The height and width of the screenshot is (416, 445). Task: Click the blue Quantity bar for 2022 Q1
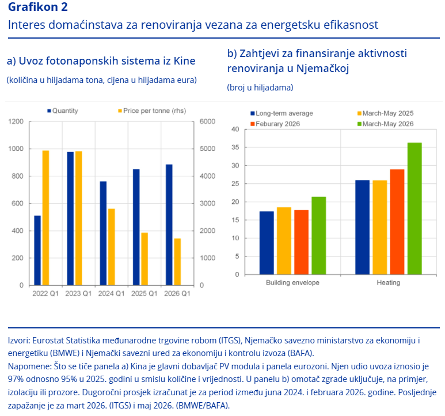coord(37,251)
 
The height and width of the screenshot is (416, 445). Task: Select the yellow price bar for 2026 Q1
coord(177,262)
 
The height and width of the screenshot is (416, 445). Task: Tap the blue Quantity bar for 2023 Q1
coord(70,218)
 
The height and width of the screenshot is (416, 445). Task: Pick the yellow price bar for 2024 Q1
coord(112,247)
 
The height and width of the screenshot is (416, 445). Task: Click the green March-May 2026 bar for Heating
coord(414,209)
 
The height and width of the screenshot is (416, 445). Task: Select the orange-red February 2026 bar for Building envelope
coord(302,242)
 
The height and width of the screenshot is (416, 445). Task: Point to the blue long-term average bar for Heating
coord(363,228)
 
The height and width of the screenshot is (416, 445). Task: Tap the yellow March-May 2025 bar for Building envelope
coord(284,241)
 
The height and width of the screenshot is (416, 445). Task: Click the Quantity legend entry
coord(63,111)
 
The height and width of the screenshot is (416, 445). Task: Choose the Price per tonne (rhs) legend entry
coord(152,111)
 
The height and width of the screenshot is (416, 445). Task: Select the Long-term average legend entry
coord(282,114)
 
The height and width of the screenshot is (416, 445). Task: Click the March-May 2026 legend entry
coord(385,124)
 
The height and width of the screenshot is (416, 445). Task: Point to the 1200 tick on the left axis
coord(16,122)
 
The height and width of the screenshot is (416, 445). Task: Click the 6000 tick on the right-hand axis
coord(207,122)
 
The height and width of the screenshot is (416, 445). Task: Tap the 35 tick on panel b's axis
coord(235,148)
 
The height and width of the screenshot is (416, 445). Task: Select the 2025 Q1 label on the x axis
coord(144,293)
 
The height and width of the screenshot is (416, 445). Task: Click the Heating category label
coord(388,282)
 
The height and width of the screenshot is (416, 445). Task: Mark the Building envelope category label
coord(292,282)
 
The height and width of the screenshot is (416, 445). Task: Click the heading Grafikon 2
coord(38,7)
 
